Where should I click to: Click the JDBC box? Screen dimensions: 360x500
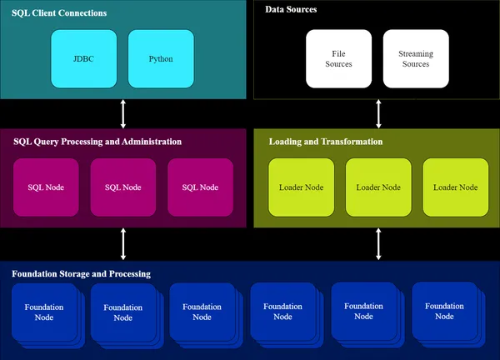click(x=84, y=59)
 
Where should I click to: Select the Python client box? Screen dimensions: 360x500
click(x=161, y=59)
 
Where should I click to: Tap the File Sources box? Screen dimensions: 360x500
click(x=338, y=59)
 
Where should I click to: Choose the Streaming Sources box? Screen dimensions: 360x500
click(x=416, y=59)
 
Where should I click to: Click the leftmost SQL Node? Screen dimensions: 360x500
click(x=46, y=187)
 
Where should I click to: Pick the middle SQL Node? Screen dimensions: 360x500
click(x=123, y=187)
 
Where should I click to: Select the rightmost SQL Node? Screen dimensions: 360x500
click(x=200, y=187)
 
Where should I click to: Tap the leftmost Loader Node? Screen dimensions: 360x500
click(x=301, y=187)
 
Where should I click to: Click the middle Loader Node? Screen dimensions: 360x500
click(x=378, y=187)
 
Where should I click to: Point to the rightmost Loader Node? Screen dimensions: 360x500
click(x=455, y=187)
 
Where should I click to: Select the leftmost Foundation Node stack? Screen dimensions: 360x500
click(x=43, y=312)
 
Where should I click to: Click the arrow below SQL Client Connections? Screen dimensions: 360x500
click(x=123, y=112)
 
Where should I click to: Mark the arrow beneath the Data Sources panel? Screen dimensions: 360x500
click(x=378, y=112)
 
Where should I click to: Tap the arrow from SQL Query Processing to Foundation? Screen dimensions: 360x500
click(x=123, y=243)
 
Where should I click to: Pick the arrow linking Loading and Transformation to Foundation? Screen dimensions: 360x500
click(x=378, y=243)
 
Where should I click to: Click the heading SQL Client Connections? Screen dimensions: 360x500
click(x=59, y=14)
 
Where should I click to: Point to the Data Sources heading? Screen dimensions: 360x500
click(x=291, y=9)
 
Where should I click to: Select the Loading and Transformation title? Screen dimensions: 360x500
click(x=326, y=142)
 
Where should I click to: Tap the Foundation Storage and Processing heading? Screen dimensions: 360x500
click(x=81, y=273)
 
